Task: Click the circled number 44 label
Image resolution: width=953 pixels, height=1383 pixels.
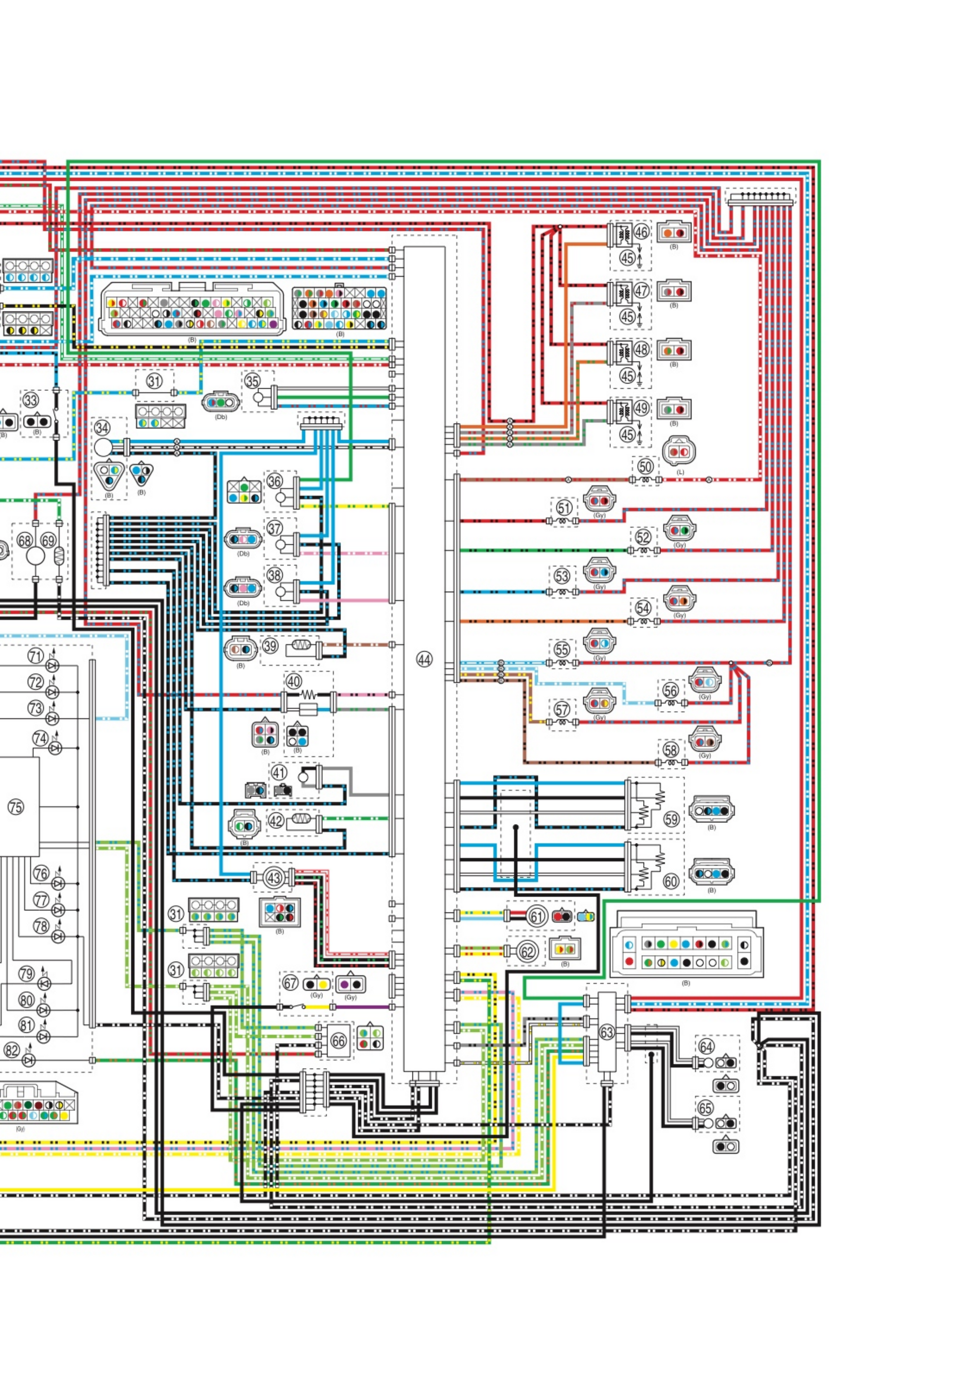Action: (424, 659)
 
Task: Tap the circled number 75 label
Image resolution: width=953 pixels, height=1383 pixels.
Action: (16, 808)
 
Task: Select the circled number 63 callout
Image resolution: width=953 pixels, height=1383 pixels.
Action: (607, 1032)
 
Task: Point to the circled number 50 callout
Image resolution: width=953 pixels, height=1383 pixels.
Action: (645, 466)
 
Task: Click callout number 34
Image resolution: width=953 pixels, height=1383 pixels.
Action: (102, 428)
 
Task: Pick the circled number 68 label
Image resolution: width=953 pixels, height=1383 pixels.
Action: (24, 541)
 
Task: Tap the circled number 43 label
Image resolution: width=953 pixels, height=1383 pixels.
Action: (274, 878)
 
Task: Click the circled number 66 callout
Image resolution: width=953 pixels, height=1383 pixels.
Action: (338, 1041)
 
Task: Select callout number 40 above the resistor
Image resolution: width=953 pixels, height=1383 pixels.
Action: (293, 681)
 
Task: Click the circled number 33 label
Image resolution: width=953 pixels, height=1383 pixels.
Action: (30, 400)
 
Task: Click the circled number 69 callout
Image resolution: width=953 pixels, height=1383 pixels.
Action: (48, 541)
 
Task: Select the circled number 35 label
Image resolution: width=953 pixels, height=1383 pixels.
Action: (253, 381)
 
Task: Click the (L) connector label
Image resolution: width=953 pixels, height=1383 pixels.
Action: (680, 473)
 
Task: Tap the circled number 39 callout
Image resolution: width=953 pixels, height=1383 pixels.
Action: (270, 645)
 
